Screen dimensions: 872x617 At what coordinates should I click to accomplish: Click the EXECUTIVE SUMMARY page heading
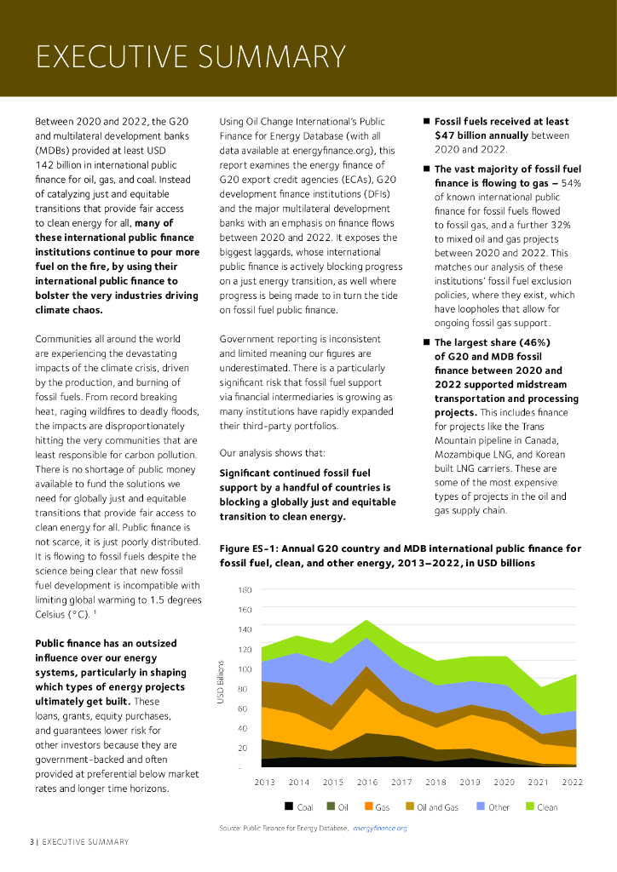click(190, 57)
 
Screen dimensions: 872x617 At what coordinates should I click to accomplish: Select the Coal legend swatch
click(289, 806)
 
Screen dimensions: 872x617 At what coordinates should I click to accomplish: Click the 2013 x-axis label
click(264, 782)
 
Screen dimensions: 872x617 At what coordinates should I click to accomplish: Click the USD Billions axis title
click(220, 681)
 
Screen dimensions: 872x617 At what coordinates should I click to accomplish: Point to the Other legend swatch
click(480, 806)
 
